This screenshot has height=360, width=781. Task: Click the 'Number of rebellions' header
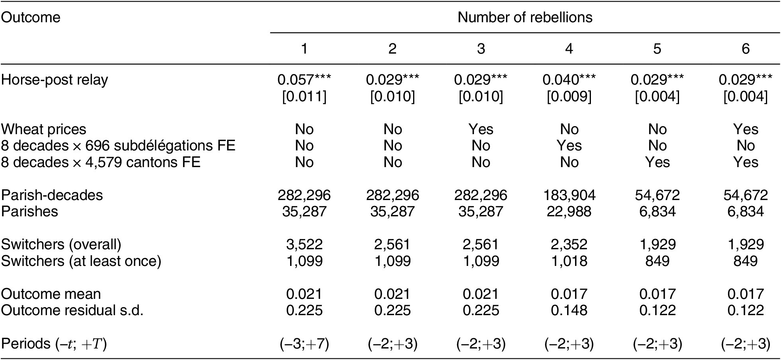(525, 17)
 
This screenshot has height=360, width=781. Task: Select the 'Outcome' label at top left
(31, 17)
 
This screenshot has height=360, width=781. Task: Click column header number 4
(569, 48)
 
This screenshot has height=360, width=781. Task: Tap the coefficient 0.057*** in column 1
(304, 80)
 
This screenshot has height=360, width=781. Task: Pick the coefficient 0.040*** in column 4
(569, 80)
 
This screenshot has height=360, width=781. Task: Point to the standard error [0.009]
(569, 96)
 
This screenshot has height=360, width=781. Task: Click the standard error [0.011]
(304, 96)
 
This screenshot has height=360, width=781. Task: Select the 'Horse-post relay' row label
(54, 80)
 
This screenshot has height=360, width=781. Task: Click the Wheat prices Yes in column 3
(481, 129)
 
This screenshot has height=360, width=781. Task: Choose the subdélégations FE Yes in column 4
(569, 146)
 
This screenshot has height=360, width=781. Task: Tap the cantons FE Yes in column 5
(657, 162)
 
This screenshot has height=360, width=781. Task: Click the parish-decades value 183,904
(569, 195)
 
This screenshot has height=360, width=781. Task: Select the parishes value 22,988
(569, 211)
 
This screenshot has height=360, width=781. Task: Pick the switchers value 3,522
(304, 244)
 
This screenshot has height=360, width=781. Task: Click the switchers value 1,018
(569, 261)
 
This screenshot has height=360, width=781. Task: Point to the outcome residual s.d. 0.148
(569, 310)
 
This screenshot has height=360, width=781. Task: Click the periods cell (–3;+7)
(304, 344)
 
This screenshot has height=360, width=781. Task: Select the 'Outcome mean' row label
(51, 294)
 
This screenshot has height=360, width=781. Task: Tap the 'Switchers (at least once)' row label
(81, 261)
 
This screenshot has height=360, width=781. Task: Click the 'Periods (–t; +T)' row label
(54, 344)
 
